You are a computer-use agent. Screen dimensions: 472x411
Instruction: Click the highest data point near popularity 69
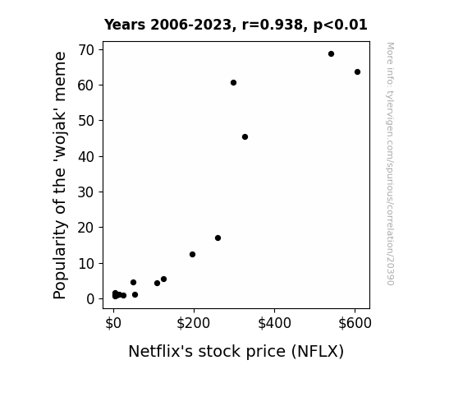coord(331,54)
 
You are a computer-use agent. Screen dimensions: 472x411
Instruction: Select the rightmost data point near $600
coord(357,72)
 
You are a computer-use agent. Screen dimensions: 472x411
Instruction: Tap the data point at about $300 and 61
coord(233,83)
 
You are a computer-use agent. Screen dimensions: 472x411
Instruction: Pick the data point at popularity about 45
coord(245,137)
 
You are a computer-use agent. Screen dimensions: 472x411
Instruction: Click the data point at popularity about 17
coord(218,238)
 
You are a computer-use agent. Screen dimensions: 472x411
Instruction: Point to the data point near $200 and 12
coord(192,255)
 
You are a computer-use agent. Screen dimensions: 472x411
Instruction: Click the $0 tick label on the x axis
coord(113,323)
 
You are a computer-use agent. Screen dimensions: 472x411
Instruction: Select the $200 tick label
coord(193,323)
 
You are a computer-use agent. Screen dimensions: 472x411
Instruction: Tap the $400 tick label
coord(274,323)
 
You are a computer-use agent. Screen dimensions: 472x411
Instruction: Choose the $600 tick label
coord(355,323)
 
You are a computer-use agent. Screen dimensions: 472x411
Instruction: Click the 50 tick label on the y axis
coord(86,121)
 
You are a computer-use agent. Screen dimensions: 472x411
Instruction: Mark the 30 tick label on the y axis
coord(86,192)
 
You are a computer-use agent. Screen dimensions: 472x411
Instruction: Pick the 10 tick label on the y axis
coord(86,264)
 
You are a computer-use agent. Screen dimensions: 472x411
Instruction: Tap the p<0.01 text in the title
coord(341,25)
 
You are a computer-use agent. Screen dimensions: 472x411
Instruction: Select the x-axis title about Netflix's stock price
coord(236,351)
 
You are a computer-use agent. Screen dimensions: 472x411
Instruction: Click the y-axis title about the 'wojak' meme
coord(60,175)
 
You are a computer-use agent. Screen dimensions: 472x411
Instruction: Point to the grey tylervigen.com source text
coord(390,164)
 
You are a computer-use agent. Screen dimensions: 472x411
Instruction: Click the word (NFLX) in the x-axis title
coord(318,352)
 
